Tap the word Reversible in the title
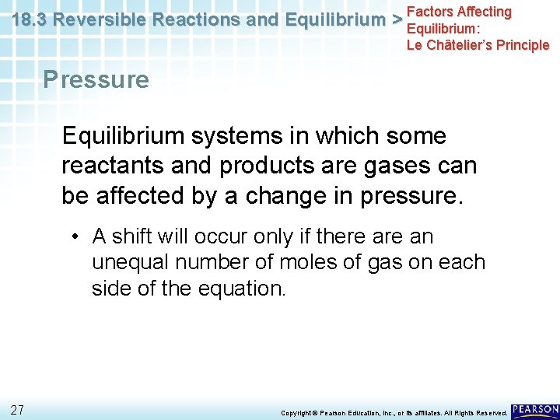click(x=97, y=20)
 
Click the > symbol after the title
click(x=397, y=20)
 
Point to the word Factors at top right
click(x=431, y=12)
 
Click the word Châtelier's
click(x=465, y=44)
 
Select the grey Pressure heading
click(x=96, y=79)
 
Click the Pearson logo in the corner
click(x=535, y=409)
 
